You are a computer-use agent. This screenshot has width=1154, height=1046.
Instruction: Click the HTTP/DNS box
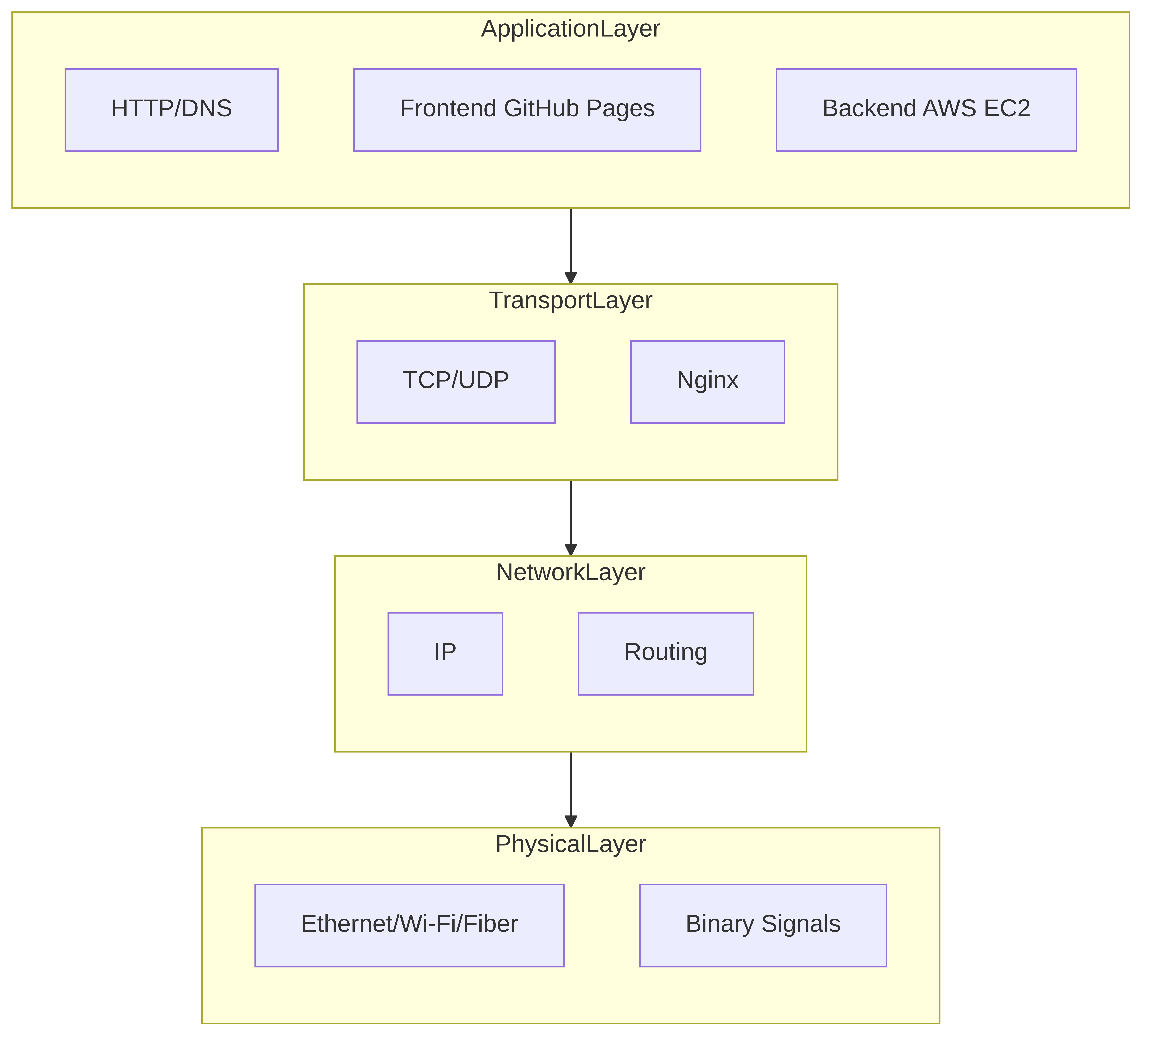pos(172,110)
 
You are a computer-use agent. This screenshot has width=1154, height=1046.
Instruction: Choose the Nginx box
pos(707,382)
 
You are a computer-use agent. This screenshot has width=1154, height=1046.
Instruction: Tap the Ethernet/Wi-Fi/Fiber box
pos(409,925)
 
